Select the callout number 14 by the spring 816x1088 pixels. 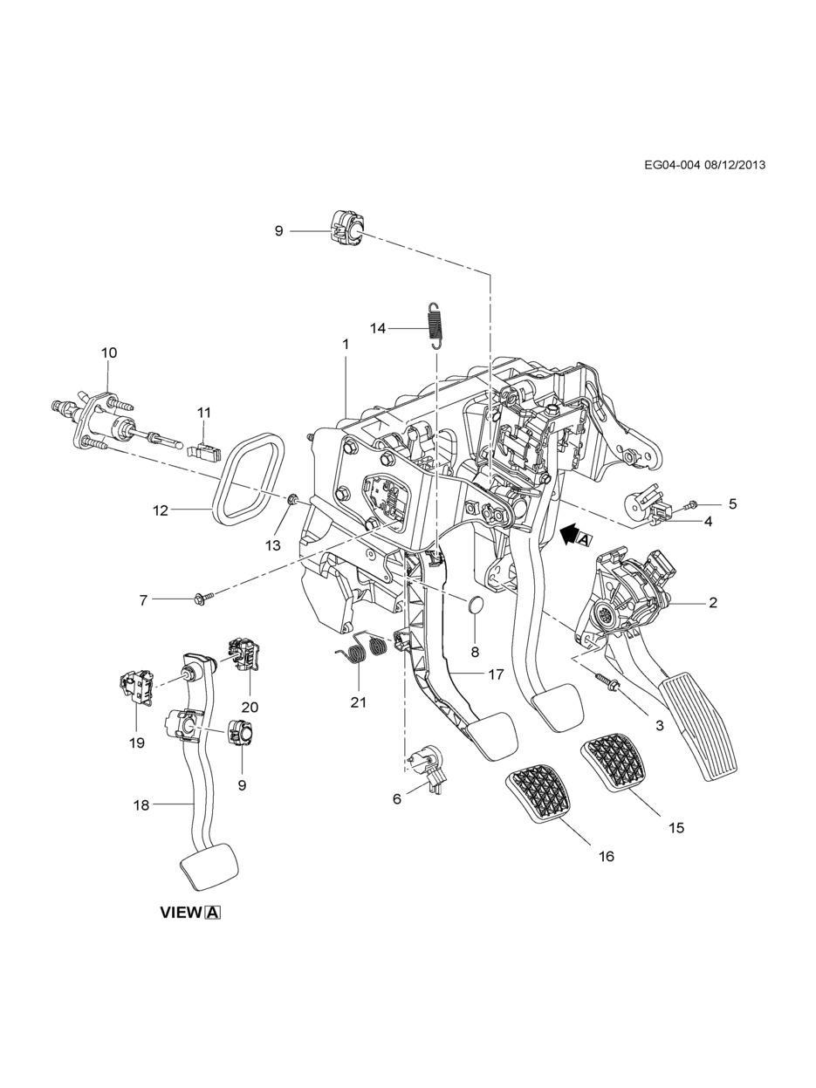[x=378, y=328]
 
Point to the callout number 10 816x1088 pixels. [x=108, y=352]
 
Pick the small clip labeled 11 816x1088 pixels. [x=201, y=449]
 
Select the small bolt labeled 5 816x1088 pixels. [x=690, y=504]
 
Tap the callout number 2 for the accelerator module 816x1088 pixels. [x=713, y=602]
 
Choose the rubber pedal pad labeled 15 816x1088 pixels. [x=617, y=764]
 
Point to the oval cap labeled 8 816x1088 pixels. [x=475, y=605]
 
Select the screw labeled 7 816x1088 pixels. [x=200, y=599]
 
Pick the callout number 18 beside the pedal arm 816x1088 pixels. [x=141, y=805]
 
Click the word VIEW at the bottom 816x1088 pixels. [x=181, y=913]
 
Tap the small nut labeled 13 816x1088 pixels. [x=293, y=500]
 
